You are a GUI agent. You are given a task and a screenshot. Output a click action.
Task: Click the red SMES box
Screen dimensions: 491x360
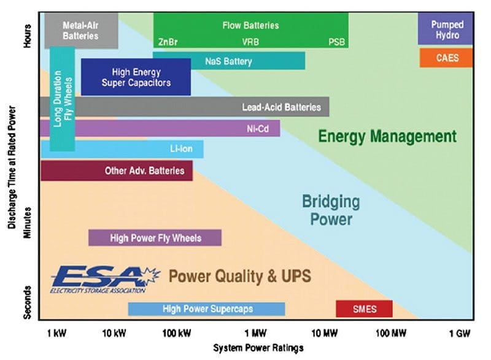coord(364,308)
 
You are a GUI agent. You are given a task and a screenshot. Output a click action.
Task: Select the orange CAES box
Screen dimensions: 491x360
coord(446,58)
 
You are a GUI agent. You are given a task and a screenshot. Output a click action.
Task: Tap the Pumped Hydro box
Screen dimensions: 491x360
coord(445,29)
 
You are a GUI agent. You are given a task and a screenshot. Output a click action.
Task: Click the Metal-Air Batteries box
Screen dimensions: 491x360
coord(82,30)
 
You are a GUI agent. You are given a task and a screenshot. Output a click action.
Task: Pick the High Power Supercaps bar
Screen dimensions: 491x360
coord(207,309)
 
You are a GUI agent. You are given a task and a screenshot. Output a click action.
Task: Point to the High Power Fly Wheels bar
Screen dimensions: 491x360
coord(155,238)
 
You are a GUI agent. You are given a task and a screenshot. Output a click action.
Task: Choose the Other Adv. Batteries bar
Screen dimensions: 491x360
coord(117,170)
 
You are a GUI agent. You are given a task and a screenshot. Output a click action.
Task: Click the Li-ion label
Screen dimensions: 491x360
coord(181,148)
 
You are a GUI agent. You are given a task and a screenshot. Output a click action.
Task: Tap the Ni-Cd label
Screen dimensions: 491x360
coord(258,129)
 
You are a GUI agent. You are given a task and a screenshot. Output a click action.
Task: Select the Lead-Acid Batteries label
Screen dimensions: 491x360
coord(281,107)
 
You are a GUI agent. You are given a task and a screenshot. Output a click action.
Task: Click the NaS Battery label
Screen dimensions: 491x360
coord(228,61)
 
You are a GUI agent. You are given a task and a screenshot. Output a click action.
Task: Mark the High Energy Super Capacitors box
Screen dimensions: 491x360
coord(136,77)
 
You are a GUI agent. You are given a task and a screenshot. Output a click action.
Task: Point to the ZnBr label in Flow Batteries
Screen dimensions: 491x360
coord(168,42)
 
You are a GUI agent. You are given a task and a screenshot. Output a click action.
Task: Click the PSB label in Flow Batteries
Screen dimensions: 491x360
coord(336,42)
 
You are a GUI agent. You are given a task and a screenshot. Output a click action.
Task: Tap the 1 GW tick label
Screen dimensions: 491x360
coord(460,334)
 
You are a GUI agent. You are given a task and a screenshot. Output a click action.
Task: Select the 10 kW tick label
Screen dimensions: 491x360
coord(114,334)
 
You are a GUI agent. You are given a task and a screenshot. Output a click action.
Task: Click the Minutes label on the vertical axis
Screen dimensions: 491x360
coord(28,223)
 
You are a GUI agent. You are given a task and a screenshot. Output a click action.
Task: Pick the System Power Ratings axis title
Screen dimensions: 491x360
coord(258,348)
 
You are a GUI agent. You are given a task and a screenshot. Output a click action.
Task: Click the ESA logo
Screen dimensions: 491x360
coord(106,280)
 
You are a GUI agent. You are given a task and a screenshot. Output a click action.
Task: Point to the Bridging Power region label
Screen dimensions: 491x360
coord(331,210)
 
